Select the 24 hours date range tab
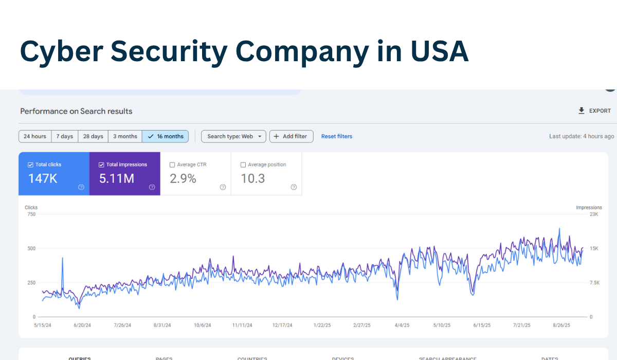[x=35, y=136]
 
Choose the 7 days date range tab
[x=64, y=136]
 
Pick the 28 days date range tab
[x=93, y=136]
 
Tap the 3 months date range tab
[x=125, y=136]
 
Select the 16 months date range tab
[x=166, y=136]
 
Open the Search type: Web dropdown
[x=233, y=136]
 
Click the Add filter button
[x=291, y=136]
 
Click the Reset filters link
[x=337, y=136]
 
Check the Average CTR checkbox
[x=172, y=165]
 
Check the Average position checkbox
[x=243, y=165]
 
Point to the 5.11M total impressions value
[x=117, y=178]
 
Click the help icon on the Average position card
[x=294, y=187]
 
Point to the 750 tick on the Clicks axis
[x=31, y=214]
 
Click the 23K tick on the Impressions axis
[x=594, y=214]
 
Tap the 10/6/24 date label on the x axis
[x=202, y=325]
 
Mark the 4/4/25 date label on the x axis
[x=402, y=325]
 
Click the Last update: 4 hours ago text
[x=582, y=136]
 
